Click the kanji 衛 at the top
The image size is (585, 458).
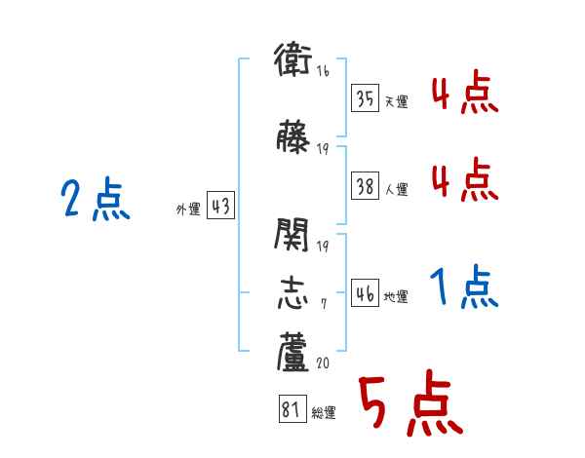pos(292,60)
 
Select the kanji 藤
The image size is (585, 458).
pos(292,136)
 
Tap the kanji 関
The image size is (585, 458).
pos(292,234)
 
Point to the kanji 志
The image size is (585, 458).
pos(292,293)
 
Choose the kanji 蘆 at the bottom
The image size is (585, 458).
pos(292,353)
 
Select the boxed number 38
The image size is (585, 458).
pos(366,188)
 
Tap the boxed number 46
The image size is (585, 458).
pos(366,294)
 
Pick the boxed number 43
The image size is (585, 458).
pos(219,208)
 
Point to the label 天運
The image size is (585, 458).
pos(396,100)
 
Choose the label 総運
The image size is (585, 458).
pos(324,412)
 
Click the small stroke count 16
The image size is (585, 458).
pos(323,72)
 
